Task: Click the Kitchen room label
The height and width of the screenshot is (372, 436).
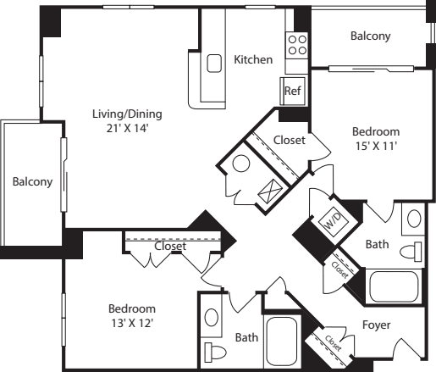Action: [x=253, y=60]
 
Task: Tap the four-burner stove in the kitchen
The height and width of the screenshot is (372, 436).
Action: [x=296, y=45]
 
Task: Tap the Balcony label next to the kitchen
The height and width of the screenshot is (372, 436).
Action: [x=370, y=36]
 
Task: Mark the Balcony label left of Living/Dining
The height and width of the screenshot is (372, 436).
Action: [x=32, y=181]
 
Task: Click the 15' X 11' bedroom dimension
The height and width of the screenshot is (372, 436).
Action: [x=375, y=146]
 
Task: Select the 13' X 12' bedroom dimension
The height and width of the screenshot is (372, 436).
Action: [x=132, y=322]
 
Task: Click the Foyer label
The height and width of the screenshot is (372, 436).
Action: [x=375, y=325]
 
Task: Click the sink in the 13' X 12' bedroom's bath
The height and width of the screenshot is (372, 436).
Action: [x=212, y=317]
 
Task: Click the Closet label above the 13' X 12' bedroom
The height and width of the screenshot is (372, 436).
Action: [x=170, y=247]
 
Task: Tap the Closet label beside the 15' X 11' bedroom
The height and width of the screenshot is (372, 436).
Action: [x=290, y=141]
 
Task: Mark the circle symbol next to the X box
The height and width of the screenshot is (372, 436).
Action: [x=241, y=166]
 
